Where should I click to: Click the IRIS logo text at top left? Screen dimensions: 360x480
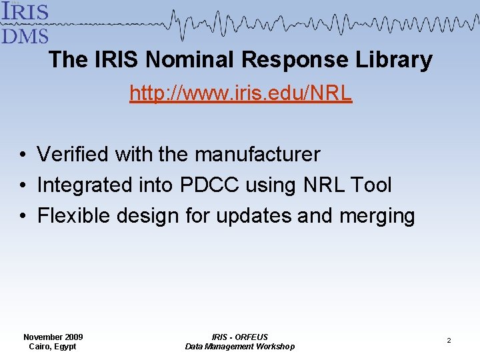(24, 11)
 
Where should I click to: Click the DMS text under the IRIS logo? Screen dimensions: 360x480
(24, 34)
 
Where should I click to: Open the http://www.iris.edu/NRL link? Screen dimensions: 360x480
(241, 93)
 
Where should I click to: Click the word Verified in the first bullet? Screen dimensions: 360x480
(73, 155)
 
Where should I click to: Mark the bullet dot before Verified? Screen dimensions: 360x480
(23, 155)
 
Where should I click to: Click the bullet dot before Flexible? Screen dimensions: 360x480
(23, 217)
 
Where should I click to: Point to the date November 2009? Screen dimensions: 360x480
(53, 337)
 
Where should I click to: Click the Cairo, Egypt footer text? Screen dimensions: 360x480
(53, 347)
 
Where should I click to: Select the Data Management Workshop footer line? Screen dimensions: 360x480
(239, 347)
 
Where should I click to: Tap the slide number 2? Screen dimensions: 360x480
(449, 341)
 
